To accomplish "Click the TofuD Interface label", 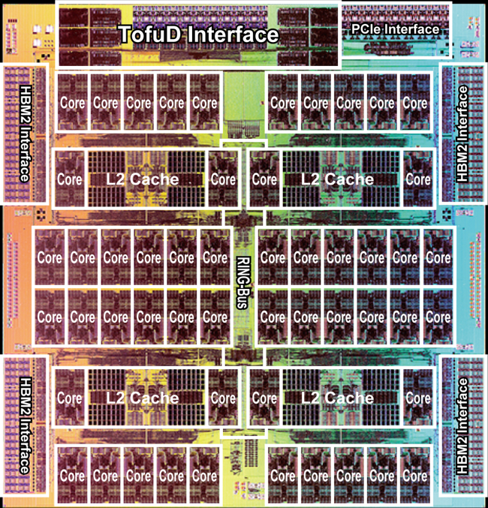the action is (199, 35).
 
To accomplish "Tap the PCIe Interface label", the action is (395, 29).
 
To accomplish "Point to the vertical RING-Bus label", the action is (242, 282).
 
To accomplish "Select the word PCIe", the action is (366, 29).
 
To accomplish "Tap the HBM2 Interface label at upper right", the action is (462, 134).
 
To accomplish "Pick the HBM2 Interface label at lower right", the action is (462, 426).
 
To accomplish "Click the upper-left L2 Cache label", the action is (143, 179).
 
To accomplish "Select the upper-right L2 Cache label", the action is (338, 179).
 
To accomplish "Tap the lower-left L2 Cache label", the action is (143, 398).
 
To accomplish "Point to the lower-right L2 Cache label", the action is (338, 398).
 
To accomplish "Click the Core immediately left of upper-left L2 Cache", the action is (69, 179).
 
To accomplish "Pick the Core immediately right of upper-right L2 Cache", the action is (418, 179).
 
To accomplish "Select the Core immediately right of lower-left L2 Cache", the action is (223, 398).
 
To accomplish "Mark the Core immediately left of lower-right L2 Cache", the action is (264, 398).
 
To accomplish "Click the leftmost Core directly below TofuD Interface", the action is (72, 103).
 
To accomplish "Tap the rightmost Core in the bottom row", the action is (415, 476).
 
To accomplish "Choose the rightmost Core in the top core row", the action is (415, 103).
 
